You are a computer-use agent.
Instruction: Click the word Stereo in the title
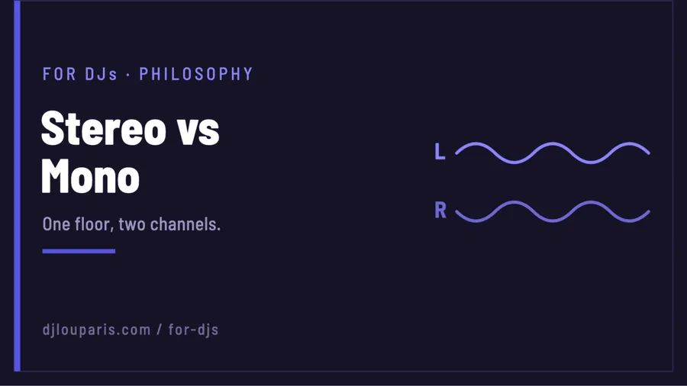click(x=103, y=128)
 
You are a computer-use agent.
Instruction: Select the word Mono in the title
click(x=90, y=176)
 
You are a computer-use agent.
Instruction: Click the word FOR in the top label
click(x=59, y=74)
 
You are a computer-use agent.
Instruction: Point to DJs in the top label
click(x=102, y=74)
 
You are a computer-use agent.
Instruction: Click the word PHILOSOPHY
click(x=196, y=74)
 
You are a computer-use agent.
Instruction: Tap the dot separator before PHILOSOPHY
click(x=128, y=75)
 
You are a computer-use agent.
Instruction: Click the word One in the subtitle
click(x=56, y=224)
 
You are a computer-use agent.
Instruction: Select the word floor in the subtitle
click(x=94, y=224)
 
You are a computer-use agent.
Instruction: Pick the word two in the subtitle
click(x=132, y=224)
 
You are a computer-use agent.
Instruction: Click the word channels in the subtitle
click(x=185, y=224)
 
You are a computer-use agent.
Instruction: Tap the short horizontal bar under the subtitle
click(x=79, y=251)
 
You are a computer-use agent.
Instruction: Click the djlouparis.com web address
click(x=96, y=330)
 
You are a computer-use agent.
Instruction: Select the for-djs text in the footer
click(x=193, y=330)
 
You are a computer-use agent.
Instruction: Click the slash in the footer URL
click(x=160, y=330)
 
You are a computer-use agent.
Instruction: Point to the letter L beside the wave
click(x=440, y=151)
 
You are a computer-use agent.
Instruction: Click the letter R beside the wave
click(x=440, y=210)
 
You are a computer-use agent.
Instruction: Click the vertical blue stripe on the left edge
click(x=17, y=186)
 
